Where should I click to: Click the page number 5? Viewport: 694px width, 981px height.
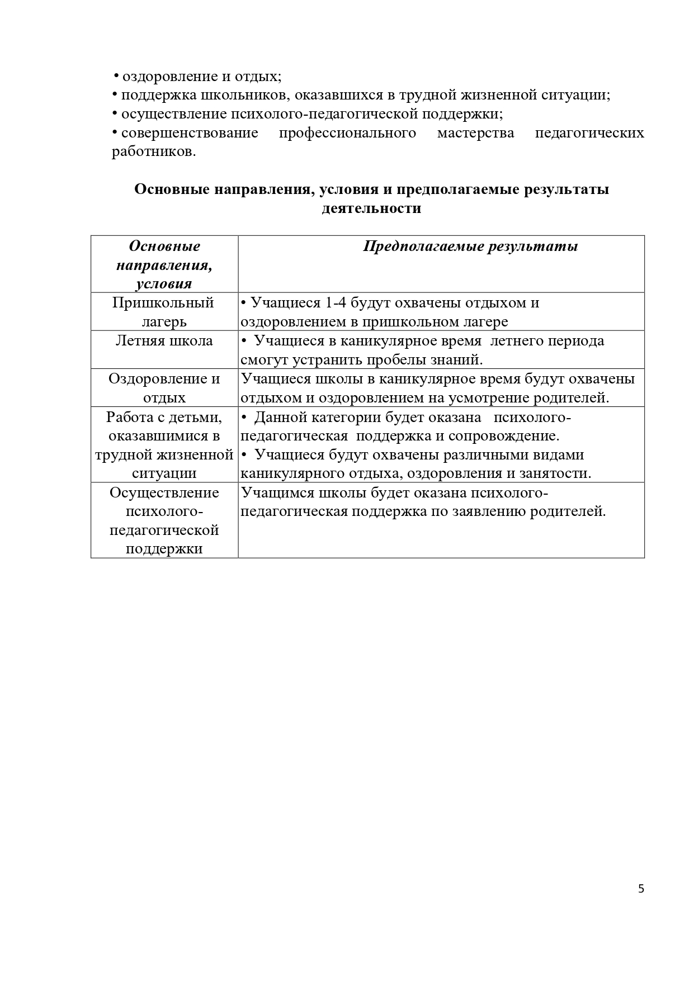coord(641,889)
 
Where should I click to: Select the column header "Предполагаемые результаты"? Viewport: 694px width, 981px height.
coord(470,247)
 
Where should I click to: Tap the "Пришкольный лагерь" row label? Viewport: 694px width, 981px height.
coord(163,312)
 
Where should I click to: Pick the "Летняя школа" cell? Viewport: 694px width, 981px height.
coord(164,341)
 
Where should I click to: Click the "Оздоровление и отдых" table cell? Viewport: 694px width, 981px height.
coord(164,388)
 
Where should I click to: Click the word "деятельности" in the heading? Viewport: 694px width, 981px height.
coord(371,208)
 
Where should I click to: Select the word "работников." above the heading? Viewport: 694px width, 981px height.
coord(154,152)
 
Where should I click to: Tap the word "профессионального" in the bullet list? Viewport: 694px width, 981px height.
coord(347,133)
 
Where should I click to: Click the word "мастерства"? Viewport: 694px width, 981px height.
coord(475,133)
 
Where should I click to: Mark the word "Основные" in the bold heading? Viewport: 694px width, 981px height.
coord(171,189)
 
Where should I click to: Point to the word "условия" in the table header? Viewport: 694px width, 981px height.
coord(164,283)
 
